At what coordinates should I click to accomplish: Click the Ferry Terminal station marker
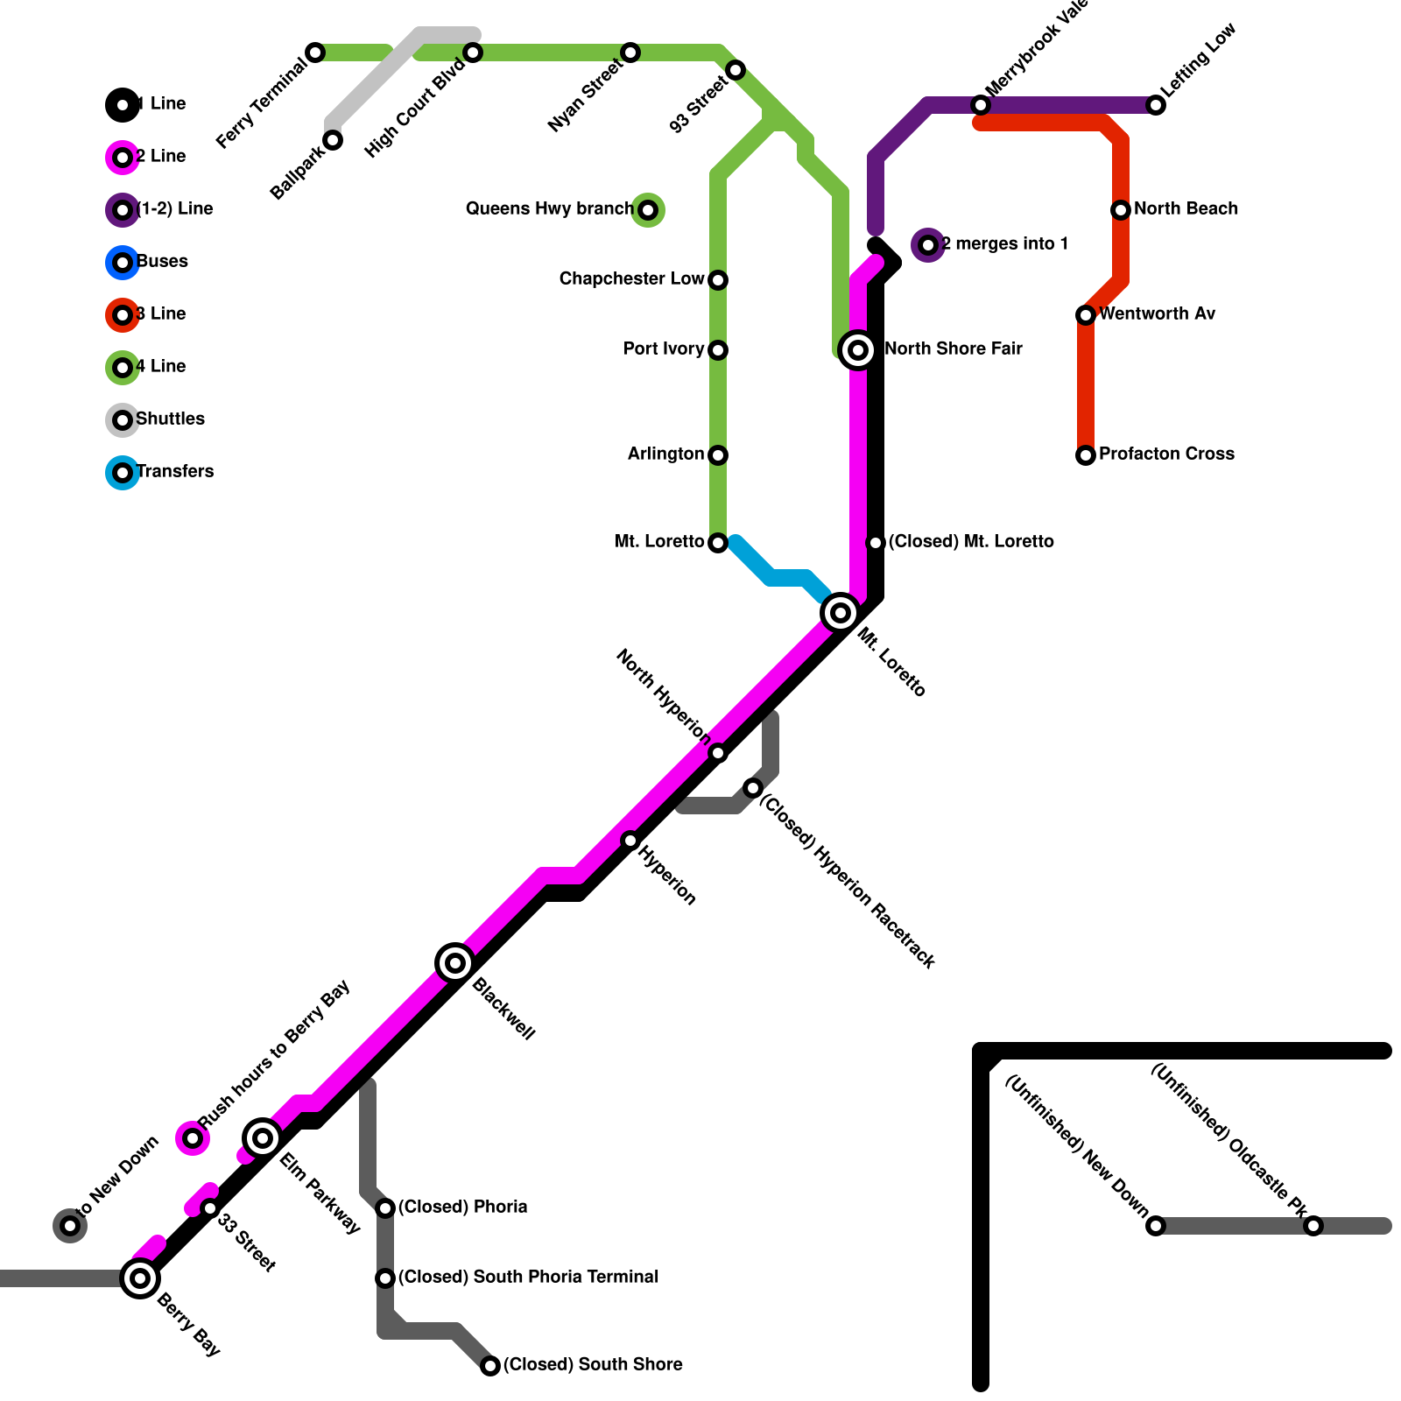coord(315,53)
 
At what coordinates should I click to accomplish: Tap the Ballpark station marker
coord(333,140)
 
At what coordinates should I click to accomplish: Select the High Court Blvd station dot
coord(473,53)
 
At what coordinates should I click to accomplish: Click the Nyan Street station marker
coord(630,53)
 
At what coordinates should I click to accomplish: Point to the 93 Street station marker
coord(736,70)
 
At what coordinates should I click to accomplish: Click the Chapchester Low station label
coord(631,279)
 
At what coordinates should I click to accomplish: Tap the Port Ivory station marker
coord(718,350)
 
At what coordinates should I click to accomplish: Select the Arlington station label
coord(665,454)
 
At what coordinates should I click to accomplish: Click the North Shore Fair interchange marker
coord(858,350)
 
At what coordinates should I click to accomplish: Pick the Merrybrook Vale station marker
coord(981,105)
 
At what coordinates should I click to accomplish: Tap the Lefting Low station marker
coord(1156,105)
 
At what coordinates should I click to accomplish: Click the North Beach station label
coord(1186,209)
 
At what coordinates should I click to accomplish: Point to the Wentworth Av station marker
coord(1086,315)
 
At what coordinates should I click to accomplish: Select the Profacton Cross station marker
coord(1086,455)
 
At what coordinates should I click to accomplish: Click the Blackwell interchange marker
coord(455,963)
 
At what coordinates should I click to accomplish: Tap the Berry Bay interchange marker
coord(140,1278)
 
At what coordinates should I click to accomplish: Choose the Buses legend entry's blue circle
coord(123,263)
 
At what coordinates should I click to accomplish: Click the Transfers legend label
coord(175,472)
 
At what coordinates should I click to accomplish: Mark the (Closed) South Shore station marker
coord(490,1366)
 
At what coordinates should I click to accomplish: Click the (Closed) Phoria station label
coord(462,1207)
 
